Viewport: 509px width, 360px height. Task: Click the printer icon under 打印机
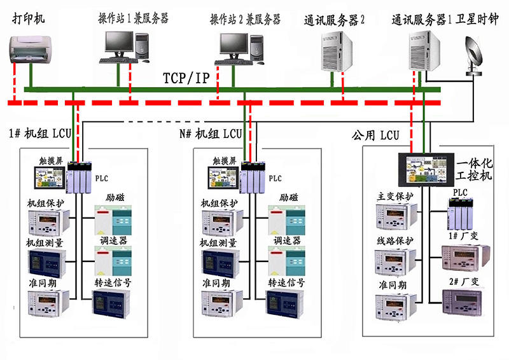[30, 49]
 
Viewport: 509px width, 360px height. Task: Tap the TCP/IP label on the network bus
[186, 78]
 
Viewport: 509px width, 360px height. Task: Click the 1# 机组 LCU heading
[40, 134]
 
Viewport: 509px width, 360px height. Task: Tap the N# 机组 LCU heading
[211, 134]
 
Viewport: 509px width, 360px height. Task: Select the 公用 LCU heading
[375, 135]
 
